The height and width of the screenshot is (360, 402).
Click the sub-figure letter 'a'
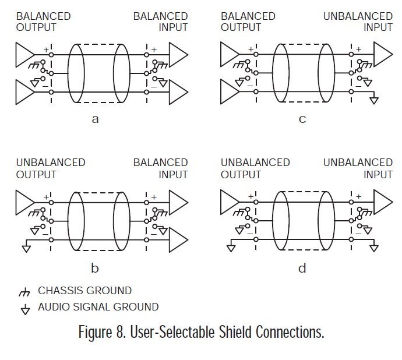(x=95, y=120)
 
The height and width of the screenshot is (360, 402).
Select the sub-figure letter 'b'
(x=95, y=269)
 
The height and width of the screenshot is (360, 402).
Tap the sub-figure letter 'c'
(x=302, y=120)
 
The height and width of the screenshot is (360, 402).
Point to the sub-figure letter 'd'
(x=302, y=269)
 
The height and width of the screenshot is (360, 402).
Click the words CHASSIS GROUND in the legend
(x=85, y=291)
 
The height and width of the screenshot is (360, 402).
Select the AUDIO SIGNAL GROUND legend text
(x=98, y=307)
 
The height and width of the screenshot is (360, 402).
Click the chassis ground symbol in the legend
(x=24, y=291)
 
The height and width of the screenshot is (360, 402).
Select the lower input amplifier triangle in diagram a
(x=178, y=92)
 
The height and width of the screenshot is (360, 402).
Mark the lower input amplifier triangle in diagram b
(x=178, y=239)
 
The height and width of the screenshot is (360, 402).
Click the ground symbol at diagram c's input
(x=374, y=100)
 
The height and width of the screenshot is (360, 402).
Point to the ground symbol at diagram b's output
(x=26, y=248)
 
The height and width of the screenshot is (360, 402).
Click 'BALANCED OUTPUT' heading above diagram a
(x=43, y=22)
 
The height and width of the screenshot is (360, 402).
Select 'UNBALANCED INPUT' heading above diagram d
(x=358, y=168)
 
